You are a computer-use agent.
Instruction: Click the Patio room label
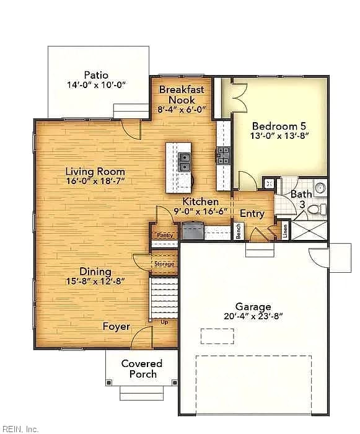[96, 75]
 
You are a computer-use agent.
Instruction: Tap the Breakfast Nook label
[182, 95]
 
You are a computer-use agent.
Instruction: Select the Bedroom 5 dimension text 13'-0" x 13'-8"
[279, 136]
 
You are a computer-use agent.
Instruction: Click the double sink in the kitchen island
[184, 162]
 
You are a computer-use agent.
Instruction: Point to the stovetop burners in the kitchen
[223, 156]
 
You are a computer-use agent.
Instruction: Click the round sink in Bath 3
[320, 188]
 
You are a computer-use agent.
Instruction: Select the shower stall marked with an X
[309, 230]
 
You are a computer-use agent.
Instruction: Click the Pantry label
[165, 235]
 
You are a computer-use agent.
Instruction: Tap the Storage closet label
[164, 263]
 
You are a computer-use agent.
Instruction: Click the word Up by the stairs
[164, 322]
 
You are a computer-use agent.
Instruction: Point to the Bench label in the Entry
[239, 231]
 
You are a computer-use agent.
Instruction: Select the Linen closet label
[285, 231]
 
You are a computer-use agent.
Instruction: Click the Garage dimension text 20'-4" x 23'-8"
[253, 316]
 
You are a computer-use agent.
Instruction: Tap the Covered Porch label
[142, 369]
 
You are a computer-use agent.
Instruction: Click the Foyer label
[116, 326]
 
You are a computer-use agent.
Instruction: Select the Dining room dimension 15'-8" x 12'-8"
[95, 281]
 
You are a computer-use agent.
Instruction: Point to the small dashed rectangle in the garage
[217, 336]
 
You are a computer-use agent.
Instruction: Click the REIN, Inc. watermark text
[19, 429]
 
